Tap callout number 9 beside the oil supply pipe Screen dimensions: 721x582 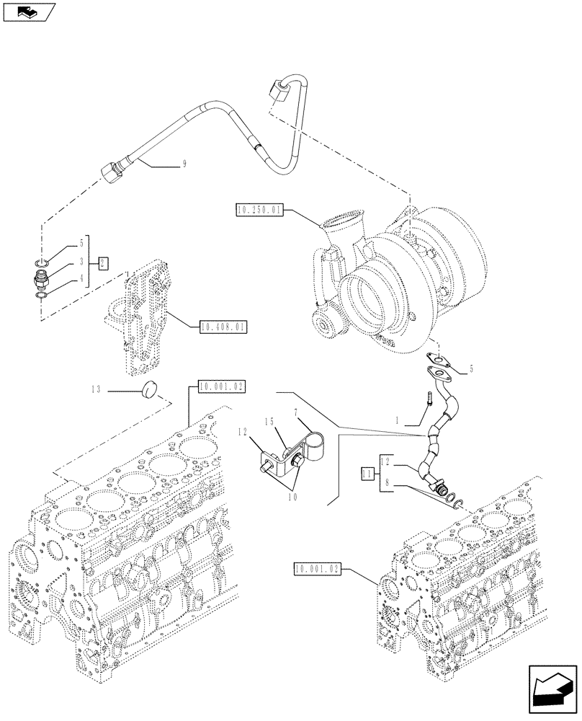click(x=184, y=164)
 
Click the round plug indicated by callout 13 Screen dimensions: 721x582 click(x=151, y=389)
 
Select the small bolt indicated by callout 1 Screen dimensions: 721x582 click(x=429, y=398)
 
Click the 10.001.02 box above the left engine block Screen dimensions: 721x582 click(x=218, y=387)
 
